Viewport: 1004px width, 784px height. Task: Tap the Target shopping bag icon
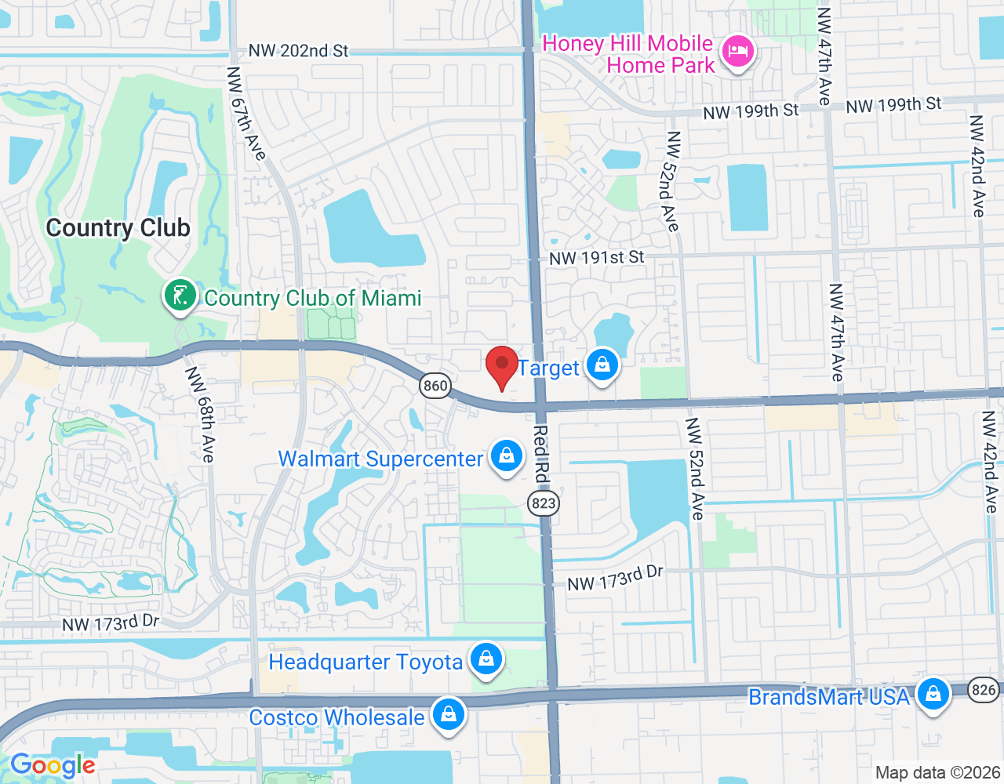click(x=602, y=365)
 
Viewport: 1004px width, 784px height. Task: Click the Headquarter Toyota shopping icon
click(x=486, y=659)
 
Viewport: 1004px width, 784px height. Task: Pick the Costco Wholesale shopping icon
click(x=448, y=715)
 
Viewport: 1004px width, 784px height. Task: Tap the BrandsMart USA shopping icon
click(x=933, y=695)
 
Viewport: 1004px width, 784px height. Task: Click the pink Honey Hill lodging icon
click(x=737, y=53)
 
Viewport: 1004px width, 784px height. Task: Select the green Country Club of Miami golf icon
click(x=180, y=296)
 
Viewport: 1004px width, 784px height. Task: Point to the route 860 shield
click(x=435, y=385)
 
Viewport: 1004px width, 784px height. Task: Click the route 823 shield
click(x=544, y=503)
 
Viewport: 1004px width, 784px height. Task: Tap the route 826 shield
click(x=983, y=690)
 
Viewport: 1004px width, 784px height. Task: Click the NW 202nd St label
click(x=298, y=51)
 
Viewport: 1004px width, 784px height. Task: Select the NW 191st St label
click(x=596, y=257)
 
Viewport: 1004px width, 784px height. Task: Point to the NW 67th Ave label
click(x=246, y=114)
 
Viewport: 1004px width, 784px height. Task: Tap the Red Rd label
click(x=541, y=454)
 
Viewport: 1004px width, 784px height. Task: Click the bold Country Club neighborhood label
click(x=118, y=227)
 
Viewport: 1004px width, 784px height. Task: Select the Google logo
click(x=53, y=765)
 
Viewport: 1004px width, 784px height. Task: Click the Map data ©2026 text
click(x=937, y=773)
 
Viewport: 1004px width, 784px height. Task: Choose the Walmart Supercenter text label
click(x=380, y=459)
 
